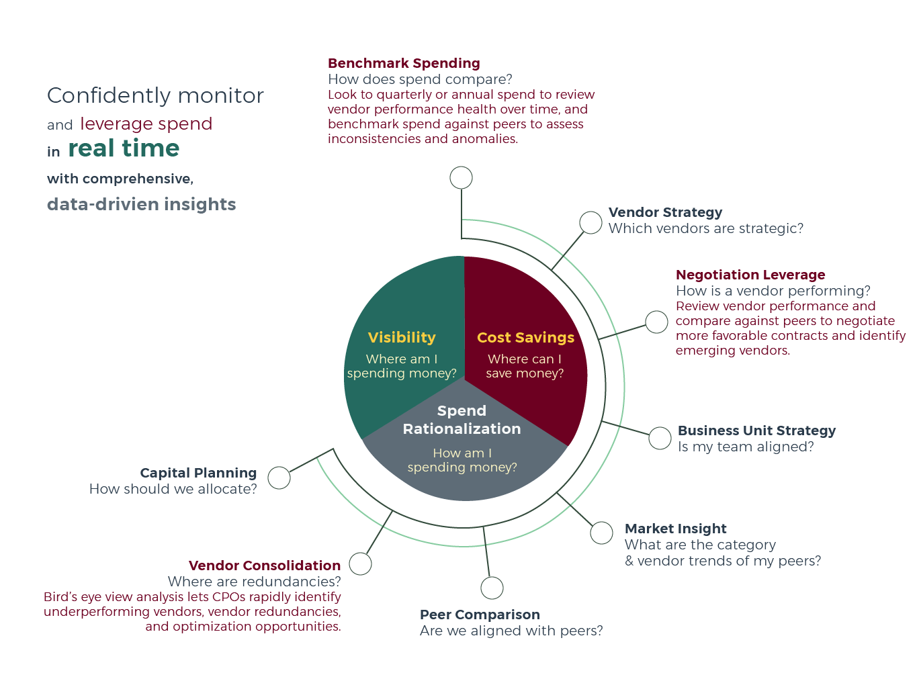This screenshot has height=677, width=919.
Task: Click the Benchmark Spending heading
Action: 404,64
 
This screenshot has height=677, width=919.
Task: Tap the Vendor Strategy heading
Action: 665,212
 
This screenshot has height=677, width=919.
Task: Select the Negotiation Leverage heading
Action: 750,275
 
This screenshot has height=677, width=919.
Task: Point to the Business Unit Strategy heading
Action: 756,431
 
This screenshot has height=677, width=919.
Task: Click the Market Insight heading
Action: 675,529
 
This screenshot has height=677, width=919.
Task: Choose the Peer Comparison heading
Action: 480,615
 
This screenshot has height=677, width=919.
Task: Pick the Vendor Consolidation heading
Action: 265,566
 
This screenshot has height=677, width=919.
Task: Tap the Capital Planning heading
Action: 198,473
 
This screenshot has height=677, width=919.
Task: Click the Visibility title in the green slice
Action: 402,337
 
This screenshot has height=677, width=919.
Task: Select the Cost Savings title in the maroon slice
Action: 525,337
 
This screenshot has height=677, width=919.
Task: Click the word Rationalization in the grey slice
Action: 462,429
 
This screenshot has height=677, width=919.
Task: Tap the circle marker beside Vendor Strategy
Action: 590,223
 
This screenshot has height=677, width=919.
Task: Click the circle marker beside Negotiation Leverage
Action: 656,322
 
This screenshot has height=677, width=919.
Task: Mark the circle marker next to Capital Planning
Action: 279,478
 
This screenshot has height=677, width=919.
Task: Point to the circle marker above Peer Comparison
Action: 492,588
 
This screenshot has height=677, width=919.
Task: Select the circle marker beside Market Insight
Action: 601,533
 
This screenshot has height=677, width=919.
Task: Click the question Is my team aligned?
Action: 746,447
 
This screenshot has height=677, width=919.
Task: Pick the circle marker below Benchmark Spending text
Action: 461,177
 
